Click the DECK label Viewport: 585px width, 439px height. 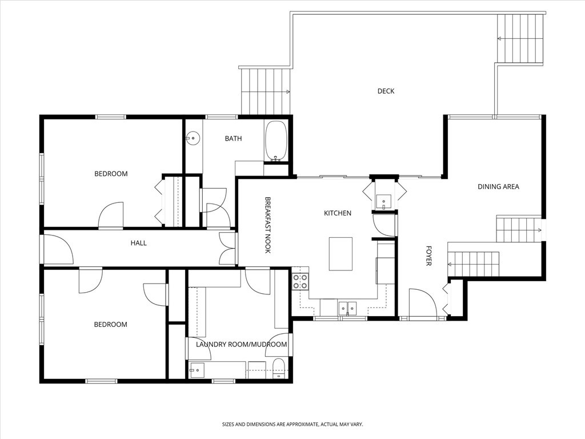point(386,91)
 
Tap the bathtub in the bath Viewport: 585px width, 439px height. point(276,141)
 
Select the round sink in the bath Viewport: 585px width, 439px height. point(194,137)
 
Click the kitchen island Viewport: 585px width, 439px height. point(340,254)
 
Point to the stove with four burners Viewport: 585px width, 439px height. point(300,281)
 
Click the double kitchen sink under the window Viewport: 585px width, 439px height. point(347,309)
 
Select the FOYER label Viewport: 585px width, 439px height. point(428,256)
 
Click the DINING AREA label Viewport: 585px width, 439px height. point(498,186)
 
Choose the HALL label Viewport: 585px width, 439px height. point(138,243)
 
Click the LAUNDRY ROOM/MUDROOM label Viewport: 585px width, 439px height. point(241,344)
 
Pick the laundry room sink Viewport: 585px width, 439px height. point(197,370)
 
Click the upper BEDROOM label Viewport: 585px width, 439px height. point(111,174)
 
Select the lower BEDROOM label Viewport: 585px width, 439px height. point(110,325)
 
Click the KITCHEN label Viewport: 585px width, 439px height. point(338,213)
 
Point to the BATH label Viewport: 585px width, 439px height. point(233,138)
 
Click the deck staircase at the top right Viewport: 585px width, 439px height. point(519,38)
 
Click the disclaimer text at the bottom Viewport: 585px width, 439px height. point(292,424)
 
